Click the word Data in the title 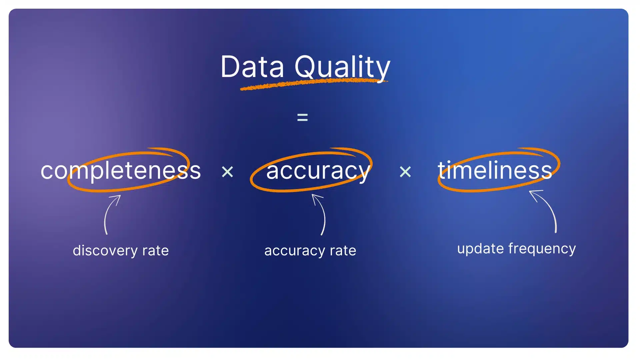[x=252, y=67]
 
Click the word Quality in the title [x=342, y=68]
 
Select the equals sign [x=302, y=117]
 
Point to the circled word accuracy [x=318, y=171]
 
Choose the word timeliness [x=495, y=170]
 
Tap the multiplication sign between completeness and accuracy [x=228, y=172]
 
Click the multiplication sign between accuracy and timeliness [x=405, y=172]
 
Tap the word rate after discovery [x=155, y=251]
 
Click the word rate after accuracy [x=343, y=251]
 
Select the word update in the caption [x=480, y=249]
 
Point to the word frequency [x=542, y=249]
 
